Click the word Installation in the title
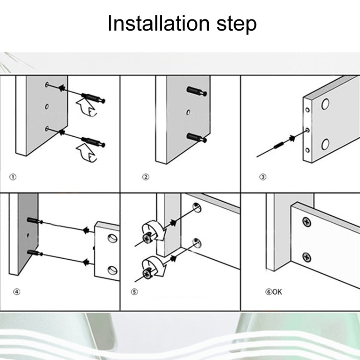coord(156,24)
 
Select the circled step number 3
coord(263,177)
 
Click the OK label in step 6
coord(278,291)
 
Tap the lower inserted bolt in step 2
coord(197,137)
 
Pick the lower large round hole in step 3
coord(325,144)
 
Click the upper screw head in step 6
coord(306,222)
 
